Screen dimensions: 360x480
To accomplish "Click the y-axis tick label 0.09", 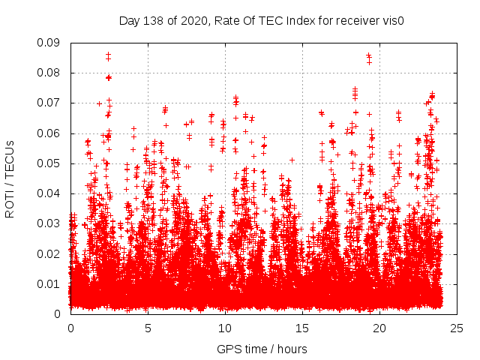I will pos(52,43).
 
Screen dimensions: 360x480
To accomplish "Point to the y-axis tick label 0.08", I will pos(52,73).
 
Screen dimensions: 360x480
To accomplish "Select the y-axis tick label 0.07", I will pos(52,103).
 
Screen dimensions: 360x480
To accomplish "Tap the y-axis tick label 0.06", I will pos(52,133).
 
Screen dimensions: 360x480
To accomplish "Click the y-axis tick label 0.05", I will pos(52,163).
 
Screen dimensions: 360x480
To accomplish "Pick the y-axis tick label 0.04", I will pos(52,193).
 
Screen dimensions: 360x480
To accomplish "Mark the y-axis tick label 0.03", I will pos(52,223).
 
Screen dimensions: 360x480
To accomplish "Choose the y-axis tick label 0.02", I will pos(52,253).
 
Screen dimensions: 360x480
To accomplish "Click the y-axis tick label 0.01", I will pos(52,283).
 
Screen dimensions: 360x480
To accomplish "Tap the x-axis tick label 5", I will pos(148,328).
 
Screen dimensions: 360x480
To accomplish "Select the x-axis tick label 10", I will pos(225,328).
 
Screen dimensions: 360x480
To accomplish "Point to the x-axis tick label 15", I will pos(302,328).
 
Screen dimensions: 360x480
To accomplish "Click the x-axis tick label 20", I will pos(379,328).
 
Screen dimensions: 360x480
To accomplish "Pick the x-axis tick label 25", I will pos(457,328).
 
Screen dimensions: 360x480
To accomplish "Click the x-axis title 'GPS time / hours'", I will pos(262,349).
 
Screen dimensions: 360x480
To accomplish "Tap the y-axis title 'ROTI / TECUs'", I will pos(10,178).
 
